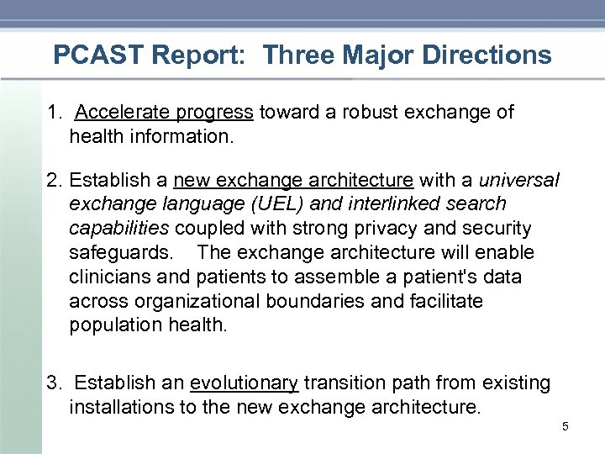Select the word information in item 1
click(178, 136)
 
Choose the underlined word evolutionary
click(244, 384)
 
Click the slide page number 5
click(565, 427)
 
